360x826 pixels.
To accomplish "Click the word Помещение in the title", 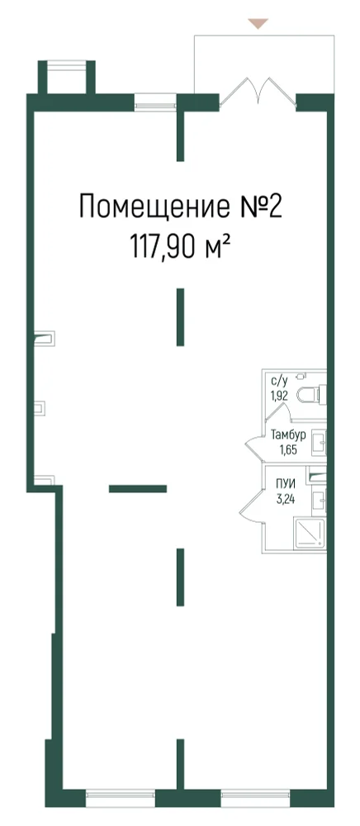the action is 152,206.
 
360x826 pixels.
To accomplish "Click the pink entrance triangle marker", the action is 258,23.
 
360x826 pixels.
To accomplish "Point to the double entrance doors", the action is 258,93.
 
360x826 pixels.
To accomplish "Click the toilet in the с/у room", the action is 311,393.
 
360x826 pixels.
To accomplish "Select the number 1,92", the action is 280,396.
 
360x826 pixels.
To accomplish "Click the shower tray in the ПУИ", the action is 309,535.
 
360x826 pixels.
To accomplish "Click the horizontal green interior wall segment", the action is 138,488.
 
